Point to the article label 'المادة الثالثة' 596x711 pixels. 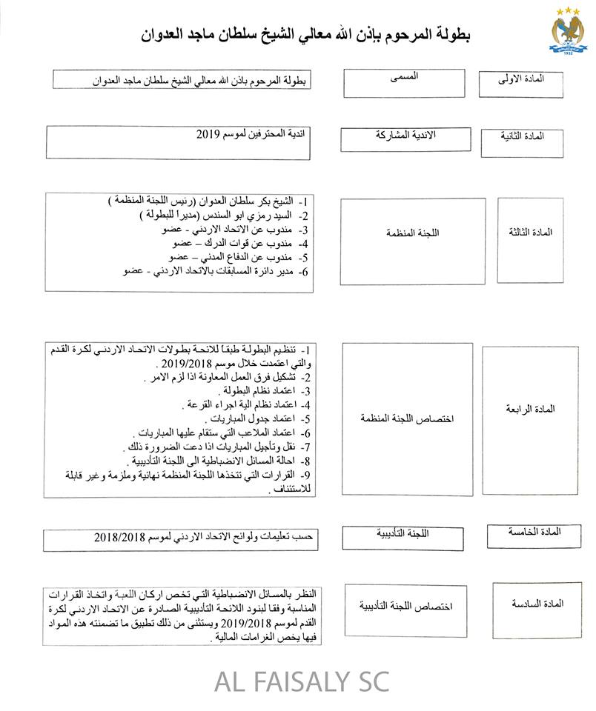click(530, 232)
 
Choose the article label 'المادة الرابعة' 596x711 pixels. click(531, 409)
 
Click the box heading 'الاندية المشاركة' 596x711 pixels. click(405, 136)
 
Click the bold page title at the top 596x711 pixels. click(304, 34)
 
